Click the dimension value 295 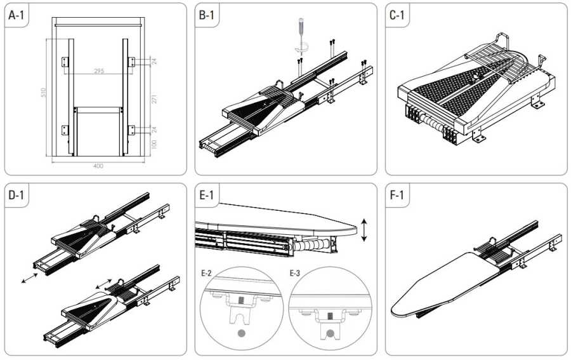click(x=98, y=71)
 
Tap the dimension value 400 click(x=98, y=166)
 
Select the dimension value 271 click(x=154, y=98)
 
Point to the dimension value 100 click(x=154, y=145)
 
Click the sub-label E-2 click(x=207, y=274)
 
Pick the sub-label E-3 click(x=294, y=274)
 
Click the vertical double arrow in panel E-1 click(x=363, y=229)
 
